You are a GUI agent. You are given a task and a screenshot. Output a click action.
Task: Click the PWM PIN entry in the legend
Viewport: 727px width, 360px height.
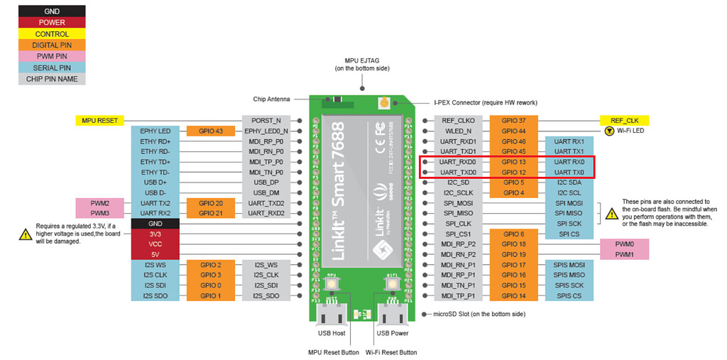tap(51, 56)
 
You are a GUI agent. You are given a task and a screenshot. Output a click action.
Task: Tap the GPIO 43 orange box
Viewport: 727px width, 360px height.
tap(211, 131)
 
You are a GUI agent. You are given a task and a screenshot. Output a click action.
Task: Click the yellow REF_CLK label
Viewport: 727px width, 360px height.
tap(624, 120)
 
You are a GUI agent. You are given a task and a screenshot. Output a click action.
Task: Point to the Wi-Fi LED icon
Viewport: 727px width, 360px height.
tap(608, 131)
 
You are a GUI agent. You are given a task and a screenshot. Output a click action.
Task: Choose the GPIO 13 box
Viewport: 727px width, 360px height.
tap(513, 162)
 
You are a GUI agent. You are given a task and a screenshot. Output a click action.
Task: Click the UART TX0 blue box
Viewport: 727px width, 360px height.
tap(569, 173)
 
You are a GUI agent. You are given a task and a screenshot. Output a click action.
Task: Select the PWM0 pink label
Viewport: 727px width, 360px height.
tap(624, 244)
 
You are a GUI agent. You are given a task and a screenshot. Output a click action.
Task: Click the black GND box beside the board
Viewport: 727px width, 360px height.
tap(155, 223)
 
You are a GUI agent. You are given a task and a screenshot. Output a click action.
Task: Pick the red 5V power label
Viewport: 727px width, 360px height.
tap(155, 253)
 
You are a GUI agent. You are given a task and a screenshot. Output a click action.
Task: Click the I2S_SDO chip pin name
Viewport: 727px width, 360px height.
tap(266, 295)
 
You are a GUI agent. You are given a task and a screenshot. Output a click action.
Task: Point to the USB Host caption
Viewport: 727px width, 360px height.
tap(331, 332)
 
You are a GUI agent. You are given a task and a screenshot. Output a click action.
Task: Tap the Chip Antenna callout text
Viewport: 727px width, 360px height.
tap(273, 99)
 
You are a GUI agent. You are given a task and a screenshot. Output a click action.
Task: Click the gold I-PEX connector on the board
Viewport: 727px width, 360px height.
tap(384, 102)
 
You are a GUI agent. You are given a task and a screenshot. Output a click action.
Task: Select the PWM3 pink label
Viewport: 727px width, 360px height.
tap(99, 213)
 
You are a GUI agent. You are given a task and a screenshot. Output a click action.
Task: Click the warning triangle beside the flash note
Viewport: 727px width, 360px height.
tap(611, 213)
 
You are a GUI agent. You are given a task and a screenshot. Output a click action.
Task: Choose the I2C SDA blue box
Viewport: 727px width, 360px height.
tap(569, 182)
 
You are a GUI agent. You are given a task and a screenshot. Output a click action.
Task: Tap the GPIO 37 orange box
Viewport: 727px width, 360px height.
tap(513, 120)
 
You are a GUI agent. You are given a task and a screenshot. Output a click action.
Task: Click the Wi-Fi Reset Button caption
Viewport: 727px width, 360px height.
tap(391, 352)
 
